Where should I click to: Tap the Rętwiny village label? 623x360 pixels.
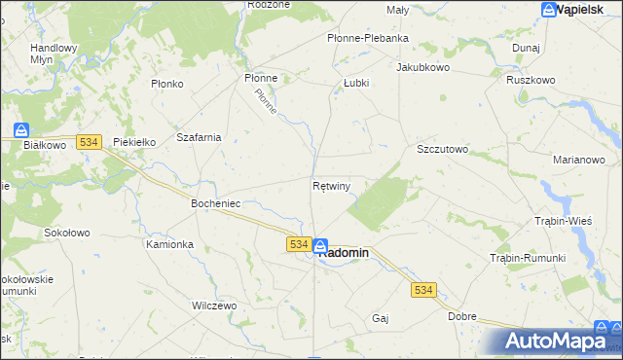(x=332, y=185)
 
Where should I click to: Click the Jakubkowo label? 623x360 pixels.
(x=421, y=68)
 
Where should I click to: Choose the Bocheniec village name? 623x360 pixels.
(x=215, y=204)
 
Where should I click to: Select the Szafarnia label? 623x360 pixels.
(x=199, y=137)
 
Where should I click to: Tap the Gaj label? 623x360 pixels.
(x=381, y=318)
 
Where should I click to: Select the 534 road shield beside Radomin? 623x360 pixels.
(x=299, y=244)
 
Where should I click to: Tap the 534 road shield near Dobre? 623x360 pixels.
(x=422, y=290)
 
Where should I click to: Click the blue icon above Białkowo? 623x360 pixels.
(x=21, y=129)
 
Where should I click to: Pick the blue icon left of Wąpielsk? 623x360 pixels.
(x=549, y=10)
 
